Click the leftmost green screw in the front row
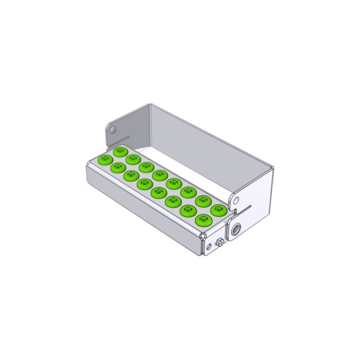coord(105,159)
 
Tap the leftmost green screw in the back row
coord(120,151)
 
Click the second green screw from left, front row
coord(118,168)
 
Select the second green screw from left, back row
coord(133,159)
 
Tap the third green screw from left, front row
coord(131,175)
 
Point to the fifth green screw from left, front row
coord(159,193)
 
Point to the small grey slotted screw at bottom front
coord(221,242)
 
